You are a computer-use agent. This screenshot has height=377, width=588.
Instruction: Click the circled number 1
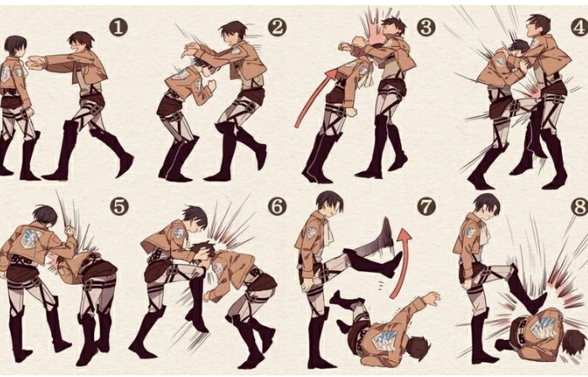118,28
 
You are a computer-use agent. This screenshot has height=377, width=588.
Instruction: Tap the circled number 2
277,28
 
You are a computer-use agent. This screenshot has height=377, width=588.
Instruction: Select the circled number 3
426,28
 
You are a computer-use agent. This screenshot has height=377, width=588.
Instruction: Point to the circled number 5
119,207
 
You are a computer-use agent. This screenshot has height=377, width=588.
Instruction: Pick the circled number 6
277,207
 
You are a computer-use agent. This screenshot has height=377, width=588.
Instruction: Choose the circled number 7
426,207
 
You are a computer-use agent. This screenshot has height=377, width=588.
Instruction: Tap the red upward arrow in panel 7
401,263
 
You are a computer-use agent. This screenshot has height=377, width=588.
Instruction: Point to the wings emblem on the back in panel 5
31,238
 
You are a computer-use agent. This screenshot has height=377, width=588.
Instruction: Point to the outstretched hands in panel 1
34,63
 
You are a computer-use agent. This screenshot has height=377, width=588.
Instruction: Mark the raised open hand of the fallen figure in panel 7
431,299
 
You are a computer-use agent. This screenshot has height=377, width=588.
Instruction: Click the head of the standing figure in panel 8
487,206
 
